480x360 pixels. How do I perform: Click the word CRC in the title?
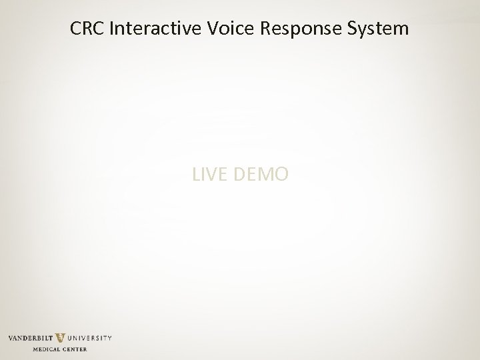tap(87, 29)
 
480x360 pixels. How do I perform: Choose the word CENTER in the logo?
tap(75, 349)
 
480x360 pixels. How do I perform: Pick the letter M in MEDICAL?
tap(35, 349)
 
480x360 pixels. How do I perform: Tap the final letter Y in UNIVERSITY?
tap(109, 339)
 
